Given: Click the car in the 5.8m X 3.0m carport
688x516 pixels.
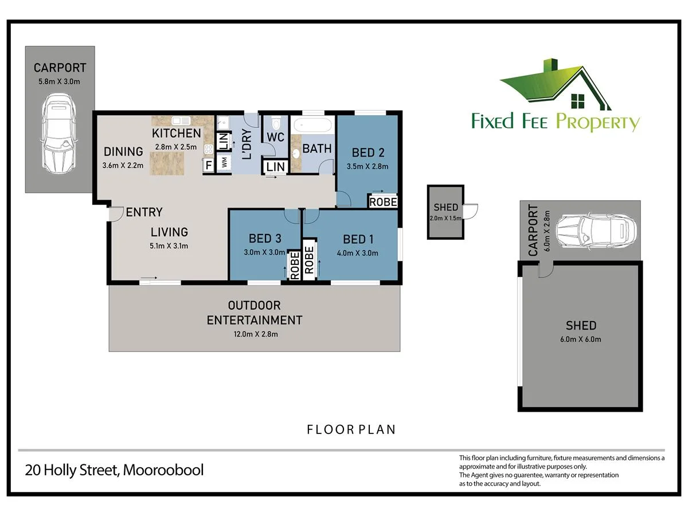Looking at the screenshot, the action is [59, 134].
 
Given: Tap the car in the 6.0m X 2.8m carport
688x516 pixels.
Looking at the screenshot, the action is [596, 231].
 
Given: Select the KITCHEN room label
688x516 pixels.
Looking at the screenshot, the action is [176, 133].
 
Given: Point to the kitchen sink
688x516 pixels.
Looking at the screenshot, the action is [181, 120].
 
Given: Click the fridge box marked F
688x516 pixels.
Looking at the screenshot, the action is [209, 165].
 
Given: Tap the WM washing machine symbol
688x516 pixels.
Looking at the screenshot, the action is [224, 162].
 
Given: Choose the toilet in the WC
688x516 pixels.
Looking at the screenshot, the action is [276, 124].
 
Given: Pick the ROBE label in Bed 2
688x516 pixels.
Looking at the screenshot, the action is [383, 202].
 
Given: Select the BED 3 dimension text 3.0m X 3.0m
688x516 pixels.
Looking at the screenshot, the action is [264, 252].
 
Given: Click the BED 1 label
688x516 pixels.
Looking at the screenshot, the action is [358, 239].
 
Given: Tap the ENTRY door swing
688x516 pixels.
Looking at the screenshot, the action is [116, 214].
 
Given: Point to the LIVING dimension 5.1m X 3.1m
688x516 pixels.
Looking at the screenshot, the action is [169, 246].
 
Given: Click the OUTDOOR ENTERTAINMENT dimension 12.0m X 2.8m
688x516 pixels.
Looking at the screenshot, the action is [256, 334].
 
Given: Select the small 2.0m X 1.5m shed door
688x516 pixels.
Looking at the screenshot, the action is [471, 212].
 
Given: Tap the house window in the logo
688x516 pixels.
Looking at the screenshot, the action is [578, 101].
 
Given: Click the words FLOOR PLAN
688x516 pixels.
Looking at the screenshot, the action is [351, 429].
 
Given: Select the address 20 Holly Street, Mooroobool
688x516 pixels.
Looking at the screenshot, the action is [115, 470].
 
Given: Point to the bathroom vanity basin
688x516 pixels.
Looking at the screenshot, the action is [295, 154].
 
